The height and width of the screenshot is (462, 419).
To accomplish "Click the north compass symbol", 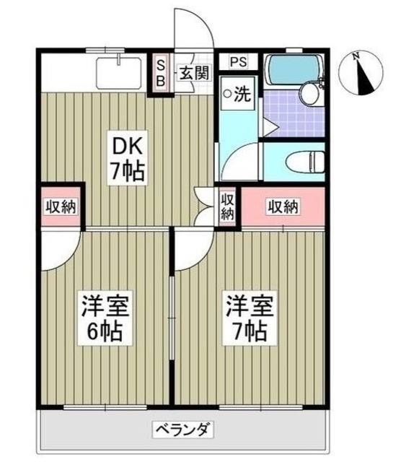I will [x=365, y=75].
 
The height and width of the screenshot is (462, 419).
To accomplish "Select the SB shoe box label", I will [x=162, y=71].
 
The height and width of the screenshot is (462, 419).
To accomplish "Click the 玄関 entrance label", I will [x=193, y=72].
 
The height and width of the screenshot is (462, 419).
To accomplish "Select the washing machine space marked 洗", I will [x=237, y=94].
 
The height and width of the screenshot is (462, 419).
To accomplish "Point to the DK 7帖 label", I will [x=128, y=158].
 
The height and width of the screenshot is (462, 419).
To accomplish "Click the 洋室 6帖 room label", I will [x=105, y=318].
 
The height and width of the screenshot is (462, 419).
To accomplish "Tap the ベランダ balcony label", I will [x=183, y=430].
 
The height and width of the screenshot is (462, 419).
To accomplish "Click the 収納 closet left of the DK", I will [x=61, y=208].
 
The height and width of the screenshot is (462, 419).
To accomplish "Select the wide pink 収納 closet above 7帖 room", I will [x=283, y=207].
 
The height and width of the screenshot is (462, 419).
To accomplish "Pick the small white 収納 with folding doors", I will [x=227, y=206].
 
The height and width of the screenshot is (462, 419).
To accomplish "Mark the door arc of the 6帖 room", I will [x=58, y=250].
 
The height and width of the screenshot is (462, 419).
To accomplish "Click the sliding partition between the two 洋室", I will [x=172, y=318].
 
